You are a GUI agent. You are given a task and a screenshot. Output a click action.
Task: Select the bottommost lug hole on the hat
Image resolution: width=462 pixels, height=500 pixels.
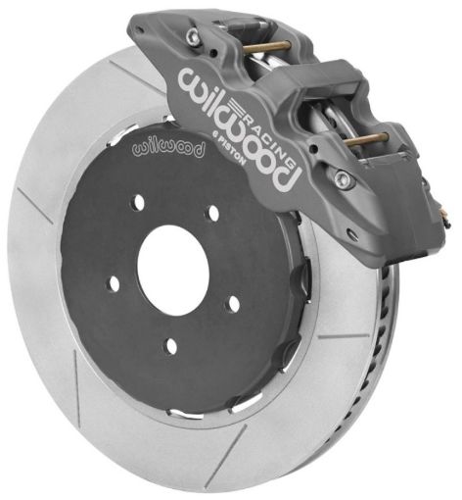[168, 345]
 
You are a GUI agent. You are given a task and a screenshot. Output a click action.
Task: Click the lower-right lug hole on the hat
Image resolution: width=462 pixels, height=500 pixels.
[233, 303]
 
